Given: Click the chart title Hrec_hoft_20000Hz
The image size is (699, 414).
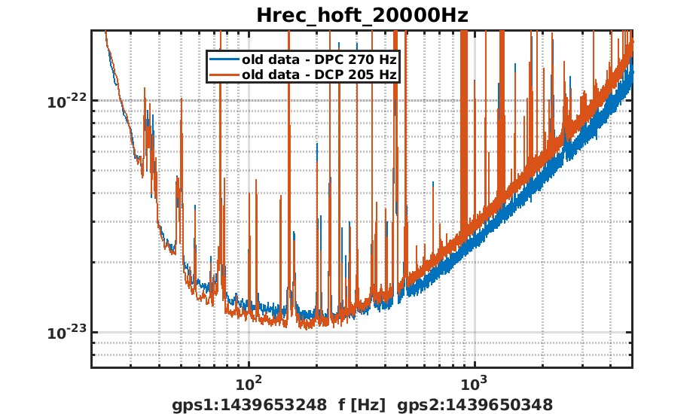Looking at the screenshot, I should coord(362,15).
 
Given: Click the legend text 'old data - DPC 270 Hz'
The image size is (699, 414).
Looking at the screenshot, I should coord(319,59).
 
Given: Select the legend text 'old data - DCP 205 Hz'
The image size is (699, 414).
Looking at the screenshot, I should coord(319,74).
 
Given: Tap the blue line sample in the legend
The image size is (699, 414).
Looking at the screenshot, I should coord(224,59).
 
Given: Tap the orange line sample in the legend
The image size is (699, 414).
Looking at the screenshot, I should coord(224,74).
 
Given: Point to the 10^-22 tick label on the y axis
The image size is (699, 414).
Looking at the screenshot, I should coord(66,102).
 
